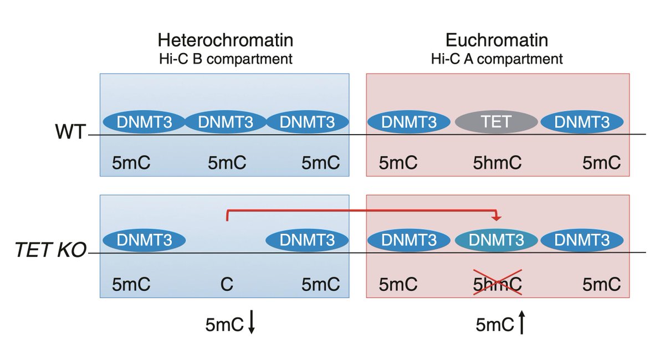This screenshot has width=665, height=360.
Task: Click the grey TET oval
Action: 496,122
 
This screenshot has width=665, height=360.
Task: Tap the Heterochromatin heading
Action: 225,40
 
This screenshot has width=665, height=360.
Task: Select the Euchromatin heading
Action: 497,40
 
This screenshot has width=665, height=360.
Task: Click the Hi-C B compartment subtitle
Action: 225,59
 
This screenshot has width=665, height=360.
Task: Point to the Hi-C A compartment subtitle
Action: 497,59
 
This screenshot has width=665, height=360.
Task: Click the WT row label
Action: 71,133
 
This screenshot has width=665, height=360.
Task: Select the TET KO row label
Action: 50,252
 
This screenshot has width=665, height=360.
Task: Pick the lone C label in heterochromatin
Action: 226,285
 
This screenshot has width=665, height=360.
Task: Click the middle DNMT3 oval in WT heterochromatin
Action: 225,122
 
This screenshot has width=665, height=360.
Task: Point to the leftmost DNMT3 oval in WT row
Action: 144,122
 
